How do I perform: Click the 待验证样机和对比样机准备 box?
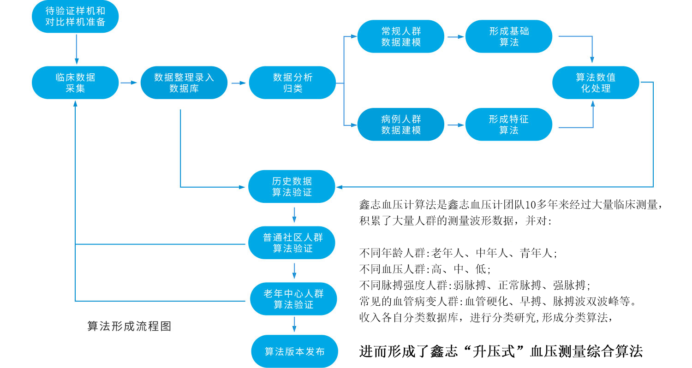point(76,16)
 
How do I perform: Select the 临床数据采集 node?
point(76,83)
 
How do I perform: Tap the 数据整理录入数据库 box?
point(184,83)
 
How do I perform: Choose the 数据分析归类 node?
point(292,83)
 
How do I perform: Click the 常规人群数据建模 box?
point(401,36)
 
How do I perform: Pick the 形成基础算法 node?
point(509,36)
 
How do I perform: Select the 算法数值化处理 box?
point(596,83)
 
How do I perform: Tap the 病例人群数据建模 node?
point(401,125)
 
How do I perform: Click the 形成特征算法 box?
point(509,125)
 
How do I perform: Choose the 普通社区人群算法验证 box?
point(292,243)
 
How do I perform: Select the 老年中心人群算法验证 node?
point(293,299)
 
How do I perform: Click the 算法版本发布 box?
point(294,351)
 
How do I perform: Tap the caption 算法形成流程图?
point(129,326)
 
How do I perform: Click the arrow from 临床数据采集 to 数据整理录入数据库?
point(129,83)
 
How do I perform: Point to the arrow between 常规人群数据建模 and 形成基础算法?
point(454,36)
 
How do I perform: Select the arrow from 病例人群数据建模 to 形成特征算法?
point(454,125)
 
